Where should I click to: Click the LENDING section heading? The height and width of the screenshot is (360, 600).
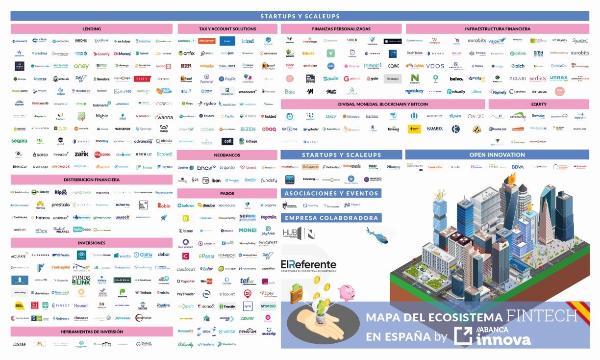click(92, 29)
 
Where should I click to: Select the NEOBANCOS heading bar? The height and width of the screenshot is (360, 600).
click(227, 154)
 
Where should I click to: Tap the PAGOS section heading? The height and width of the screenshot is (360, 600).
click(227, 193)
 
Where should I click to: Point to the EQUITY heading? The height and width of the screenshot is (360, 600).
click(539, 104)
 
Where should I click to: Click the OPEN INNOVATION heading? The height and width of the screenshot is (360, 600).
click(497, 154)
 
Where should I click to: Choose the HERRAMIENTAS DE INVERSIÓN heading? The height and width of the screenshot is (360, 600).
click(92, 332)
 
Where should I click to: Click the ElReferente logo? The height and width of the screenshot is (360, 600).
click(309, 264)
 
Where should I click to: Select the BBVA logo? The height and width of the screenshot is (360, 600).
click(518, 167)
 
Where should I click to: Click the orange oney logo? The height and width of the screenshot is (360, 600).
click(81, 66)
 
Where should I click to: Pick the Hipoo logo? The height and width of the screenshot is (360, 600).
click(61, 192)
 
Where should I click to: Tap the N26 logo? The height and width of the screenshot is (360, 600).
click(195, 180)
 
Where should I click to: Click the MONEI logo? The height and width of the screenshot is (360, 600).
click(248, 230)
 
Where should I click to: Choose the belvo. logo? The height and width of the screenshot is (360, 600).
click(456, 78)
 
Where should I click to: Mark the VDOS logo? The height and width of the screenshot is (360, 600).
click(435, 66)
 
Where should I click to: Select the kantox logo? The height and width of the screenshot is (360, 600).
click(372, 117)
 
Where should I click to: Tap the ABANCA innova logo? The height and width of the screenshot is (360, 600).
click(493, 335)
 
